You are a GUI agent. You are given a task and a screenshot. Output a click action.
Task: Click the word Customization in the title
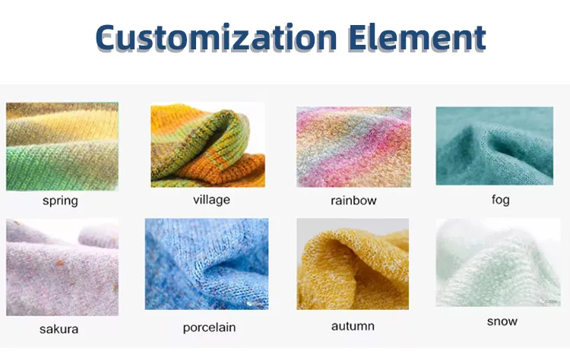tap(216, 36)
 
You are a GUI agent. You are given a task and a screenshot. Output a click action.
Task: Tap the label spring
tap(60, 201)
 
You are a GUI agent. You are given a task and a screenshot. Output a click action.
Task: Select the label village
tap(211, 200)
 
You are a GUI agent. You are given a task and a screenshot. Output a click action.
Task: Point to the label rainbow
tap(353, 201)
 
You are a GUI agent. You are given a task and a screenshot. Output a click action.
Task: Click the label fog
tap(500, 200)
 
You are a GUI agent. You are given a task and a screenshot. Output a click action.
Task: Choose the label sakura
tap(59, 329)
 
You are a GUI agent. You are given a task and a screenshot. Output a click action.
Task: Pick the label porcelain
tap(209, 327)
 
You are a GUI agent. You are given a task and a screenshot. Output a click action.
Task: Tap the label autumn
tap(353, 326)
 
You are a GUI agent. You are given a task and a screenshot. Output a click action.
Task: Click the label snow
tap(502, 321)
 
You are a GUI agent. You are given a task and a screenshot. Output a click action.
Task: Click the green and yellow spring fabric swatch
tap(62, 147)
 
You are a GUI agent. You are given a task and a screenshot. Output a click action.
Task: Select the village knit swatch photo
tap(207, 145)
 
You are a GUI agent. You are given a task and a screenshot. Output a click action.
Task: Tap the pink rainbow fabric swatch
tap(353, 147)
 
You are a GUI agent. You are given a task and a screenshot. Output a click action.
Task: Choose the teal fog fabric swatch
tap(494, 145)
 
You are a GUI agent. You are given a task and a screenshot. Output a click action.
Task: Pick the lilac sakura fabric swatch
tap(62, 267)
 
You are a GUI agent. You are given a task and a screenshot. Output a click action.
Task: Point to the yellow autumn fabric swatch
tap(353, 265)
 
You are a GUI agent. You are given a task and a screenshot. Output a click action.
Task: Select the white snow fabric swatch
tap(498, 262)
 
